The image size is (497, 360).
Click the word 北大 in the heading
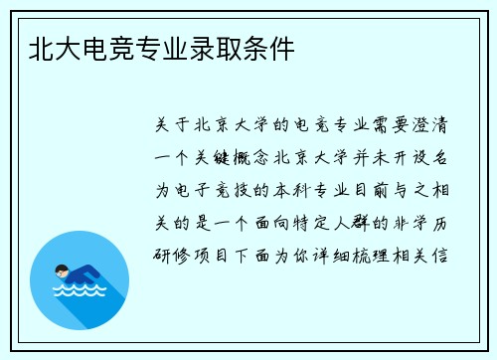point(53,47)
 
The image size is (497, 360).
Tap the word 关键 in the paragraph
point(217,156)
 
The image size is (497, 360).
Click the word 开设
point(410,156)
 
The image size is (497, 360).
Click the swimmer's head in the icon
point(61,270)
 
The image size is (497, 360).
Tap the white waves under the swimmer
point(79,292)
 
